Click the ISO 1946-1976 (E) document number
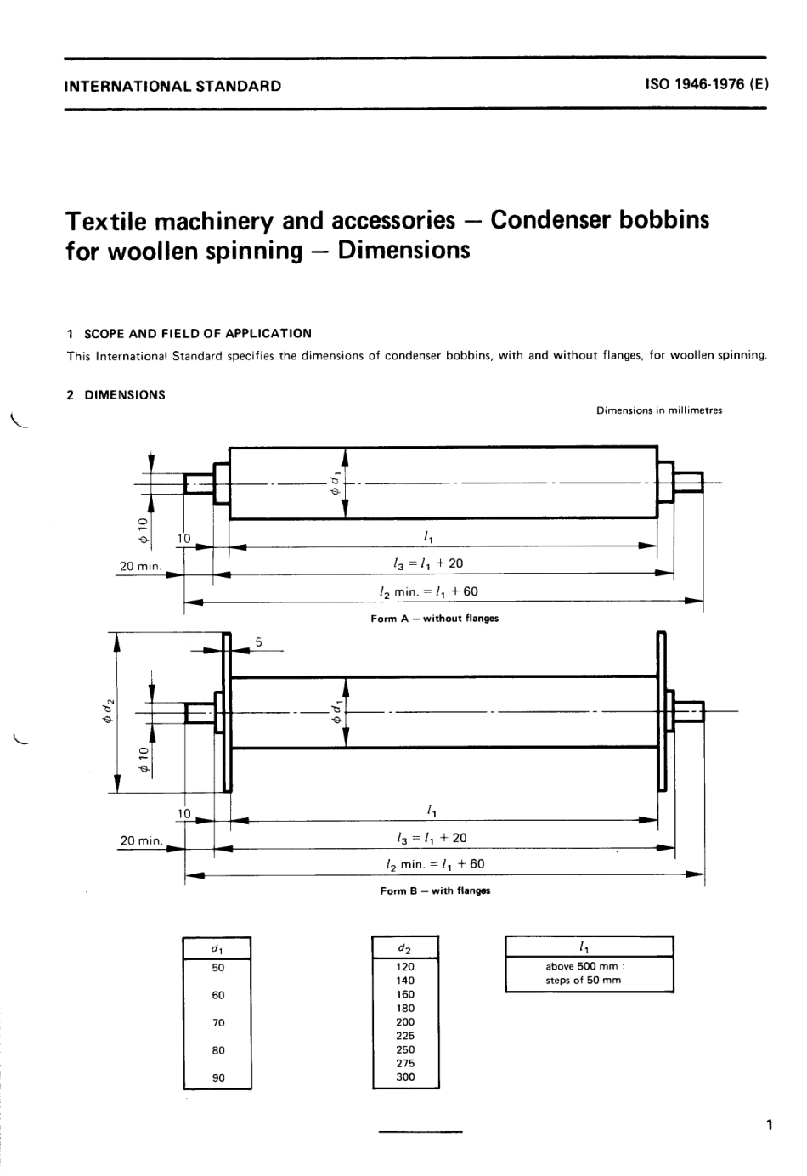tap(706, 85)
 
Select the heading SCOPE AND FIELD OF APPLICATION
tap(196, 334)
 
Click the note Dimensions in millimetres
tap(659, 410)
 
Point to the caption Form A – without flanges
tap(434, 619)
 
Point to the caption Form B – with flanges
tap(435, 891)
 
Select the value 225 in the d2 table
tap(405, 1036)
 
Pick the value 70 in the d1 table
tap(218, 1023)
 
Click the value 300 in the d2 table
tap(405, 1077)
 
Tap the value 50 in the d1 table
tap(218, 967)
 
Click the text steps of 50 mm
tap(583, 980)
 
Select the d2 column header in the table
tap(405, 947)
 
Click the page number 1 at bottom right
tap(768, 1127)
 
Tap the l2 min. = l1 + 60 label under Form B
tap(435, 863)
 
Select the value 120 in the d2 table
tap(405, 967)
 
